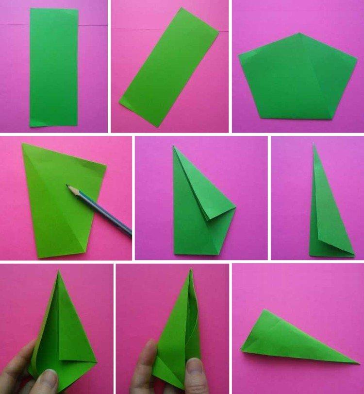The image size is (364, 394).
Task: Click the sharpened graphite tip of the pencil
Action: tap(68, 186)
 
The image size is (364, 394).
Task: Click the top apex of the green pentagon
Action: tap(299, 34)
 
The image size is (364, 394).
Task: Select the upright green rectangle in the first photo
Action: tap(54, 67)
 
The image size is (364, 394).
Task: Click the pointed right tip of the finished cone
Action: tap(358, 362)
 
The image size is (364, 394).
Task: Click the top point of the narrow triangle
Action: tap(314, 144)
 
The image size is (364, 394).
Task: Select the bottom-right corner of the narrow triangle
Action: tap(354, 254)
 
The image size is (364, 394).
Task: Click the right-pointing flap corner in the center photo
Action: tap(235, 208)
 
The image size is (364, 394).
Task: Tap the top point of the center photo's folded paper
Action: tap(174, 146)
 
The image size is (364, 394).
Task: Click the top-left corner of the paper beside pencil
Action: tap(22, 144)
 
